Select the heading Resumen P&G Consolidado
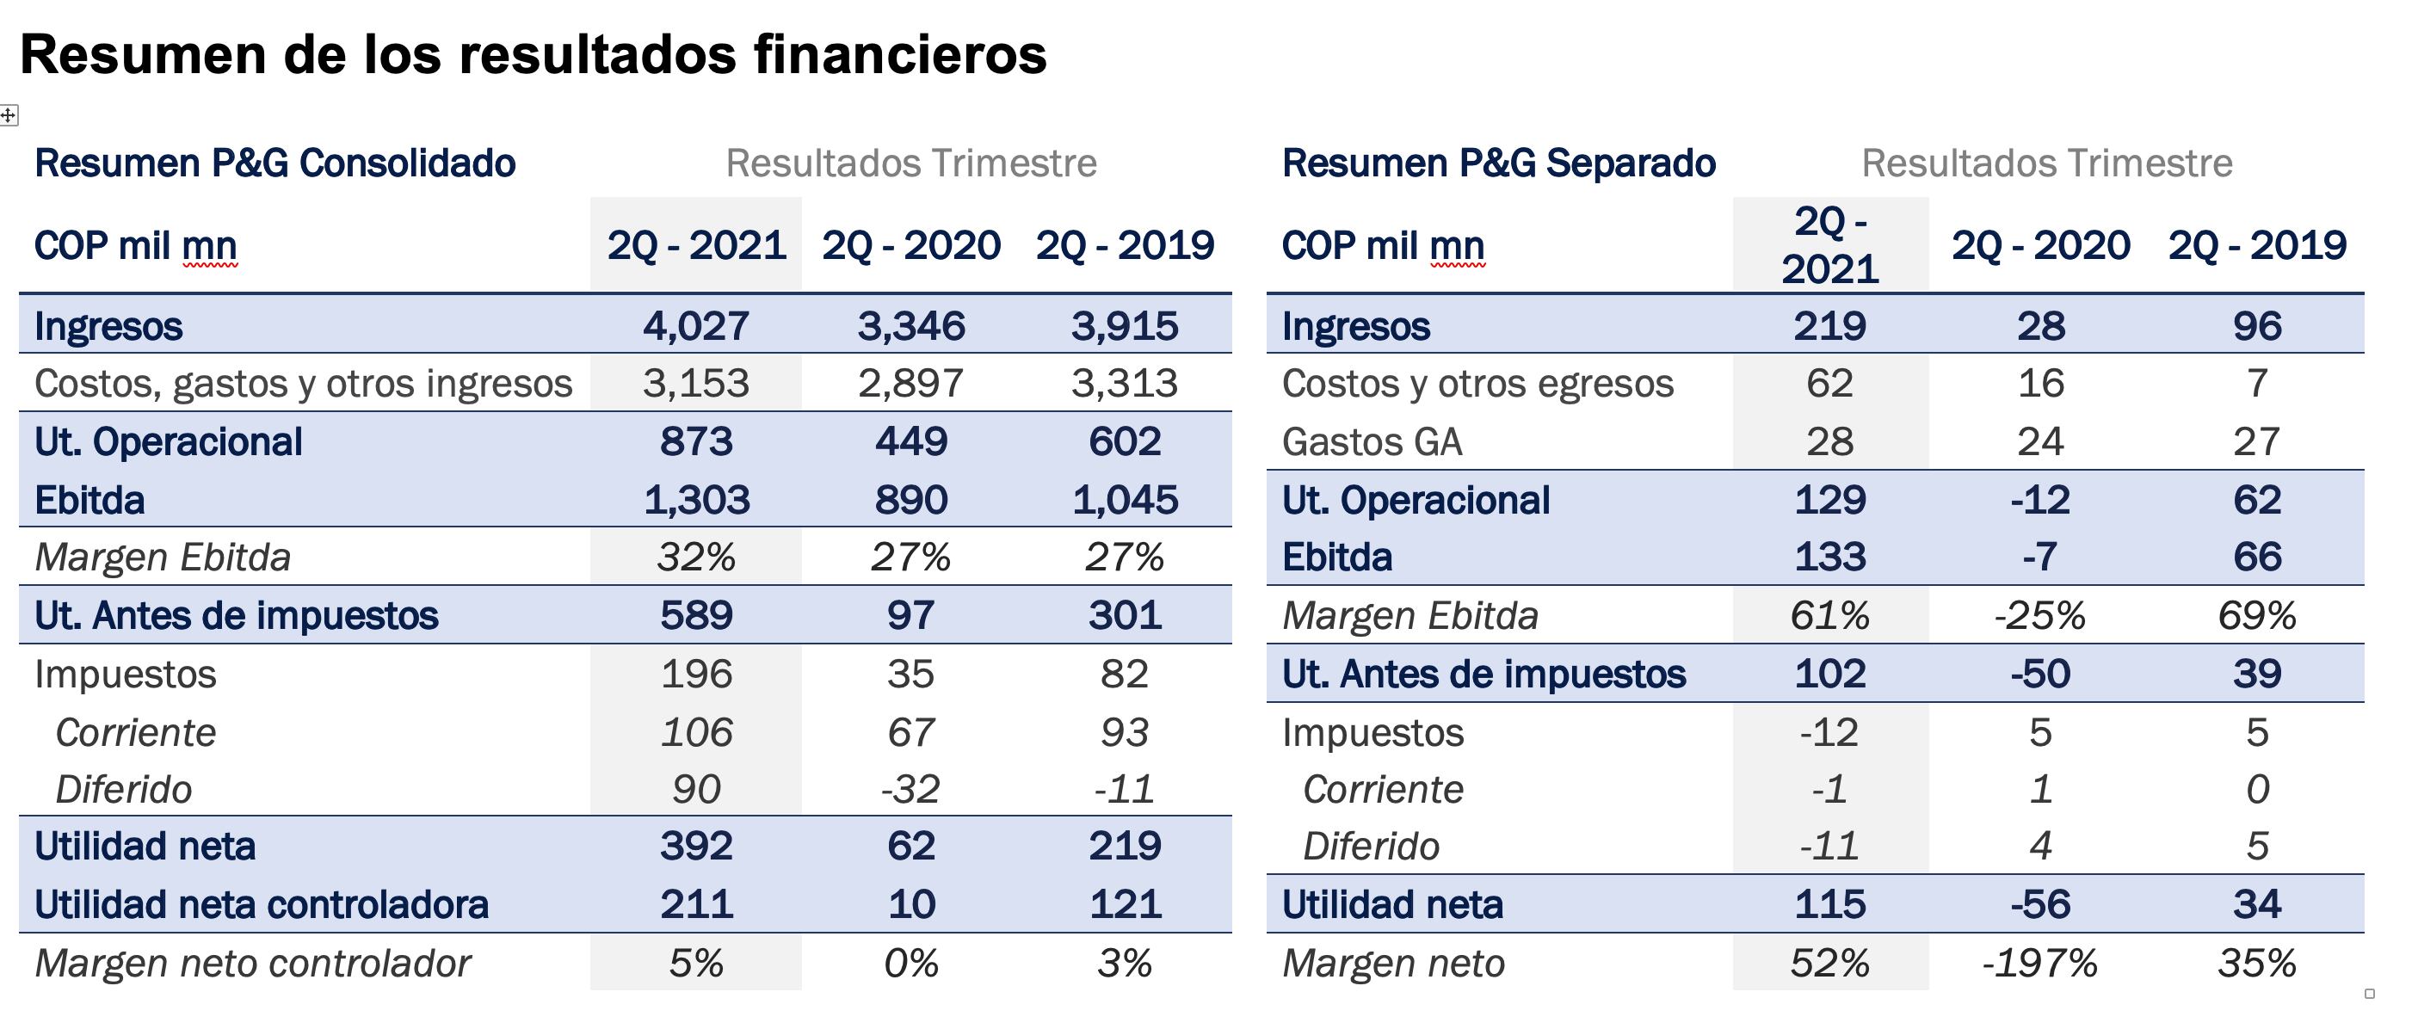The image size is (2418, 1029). (275, 163)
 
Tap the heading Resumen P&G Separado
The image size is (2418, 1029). (1498, 163)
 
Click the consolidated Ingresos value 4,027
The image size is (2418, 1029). (695, 326)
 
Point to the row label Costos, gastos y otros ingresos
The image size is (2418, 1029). (303, 384)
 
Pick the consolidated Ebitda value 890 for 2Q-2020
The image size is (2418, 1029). (910, 501)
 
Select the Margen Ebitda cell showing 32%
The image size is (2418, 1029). (695, 558)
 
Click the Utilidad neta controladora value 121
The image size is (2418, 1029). (1125, 905)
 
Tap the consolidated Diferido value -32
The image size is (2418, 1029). (910, 790)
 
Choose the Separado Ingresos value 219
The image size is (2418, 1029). (1829, 326)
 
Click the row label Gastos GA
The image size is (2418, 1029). (1372, 442)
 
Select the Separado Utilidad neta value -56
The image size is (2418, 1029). (2039, 905)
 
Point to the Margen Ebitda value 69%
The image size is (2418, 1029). (2256, 616)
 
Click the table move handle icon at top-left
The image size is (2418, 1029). (9, 115)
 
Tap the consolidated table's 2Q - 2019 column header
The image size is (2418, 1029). (1125, 246)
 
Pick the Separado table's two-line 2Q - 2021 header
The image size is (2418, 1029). (1829, 246)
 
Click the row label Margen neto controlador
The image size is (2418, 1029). (252, 964)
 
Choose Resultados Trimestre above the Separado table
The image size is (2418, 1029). (2046, 163)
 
